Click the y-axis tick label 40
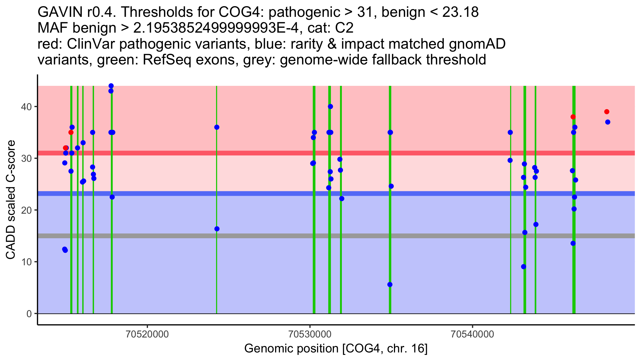26,107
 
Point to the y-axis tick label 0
29,313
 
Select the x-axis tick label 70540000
473,334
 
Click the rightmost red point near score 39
607,112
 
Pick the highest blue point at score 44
111,86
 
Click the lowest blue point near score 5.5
390,285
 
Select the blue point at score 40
330,106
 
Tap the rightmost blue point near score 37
608,122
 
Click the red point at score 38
573,117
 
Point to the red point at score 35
71,132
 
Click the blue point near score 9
523,267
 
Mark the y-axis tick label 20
26,210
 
